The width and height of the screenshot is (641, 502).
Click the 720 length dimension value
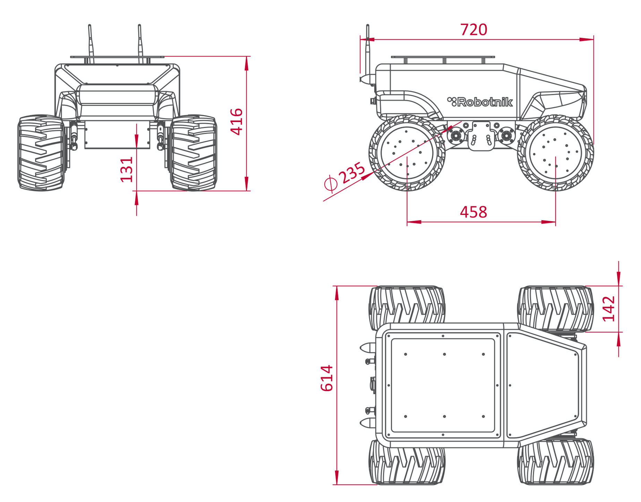click(473, 30)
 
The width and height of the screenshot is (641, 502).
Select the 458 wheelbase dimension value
click(473, 212)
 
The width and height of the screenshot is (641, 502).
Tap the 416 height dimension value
click(237, 121)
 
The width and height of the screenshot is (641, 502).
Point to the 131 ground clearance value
click(127, 170)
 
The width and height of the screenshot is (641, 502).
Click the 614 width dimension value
click(327, 378)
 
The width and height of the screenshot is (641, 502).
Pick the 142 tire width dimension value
click(609, 309)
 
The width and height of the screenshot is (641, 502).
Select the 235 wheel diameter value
click(352, 173)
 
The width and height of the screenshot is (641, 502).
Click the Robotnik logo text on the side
click(480, 102)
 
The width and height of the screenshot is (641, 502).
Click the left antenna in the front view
click(90, 44)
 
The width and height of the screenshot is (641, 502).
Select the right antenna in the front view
click(140, 44)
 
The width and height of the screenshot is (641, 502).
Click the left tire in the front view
click(41, 153)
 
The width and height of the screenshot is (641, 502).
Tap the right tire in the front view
click(194, 153)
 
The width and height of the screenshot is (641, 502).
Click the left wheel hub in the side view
click(407, 153)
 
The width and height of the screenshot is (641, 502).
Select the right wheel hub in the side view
click(556, 153)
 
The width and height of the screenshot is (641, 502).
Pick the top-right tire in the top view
click(556, 309)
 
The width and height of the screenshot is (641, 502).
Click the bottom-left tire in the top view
click(407, 462)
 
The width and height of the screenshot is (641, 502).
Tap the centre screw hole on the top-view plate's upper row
click(444, 354)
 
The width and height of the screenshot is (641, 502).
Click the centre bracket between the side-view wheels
click(481, 136)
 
